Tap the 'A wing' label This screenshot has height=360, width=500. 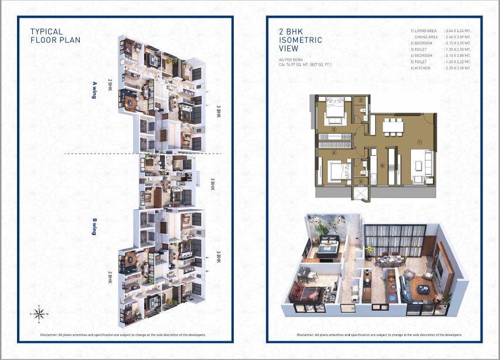(94, 89)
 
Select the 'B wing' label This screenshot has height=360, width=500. (94, 227)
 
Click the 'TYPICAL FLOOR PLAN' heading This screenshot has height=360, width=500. (55, 36)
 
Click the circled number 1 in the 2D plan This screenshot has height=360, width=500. (419, 141)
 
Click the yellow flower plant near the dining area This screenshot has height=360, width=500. (369, 250)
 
